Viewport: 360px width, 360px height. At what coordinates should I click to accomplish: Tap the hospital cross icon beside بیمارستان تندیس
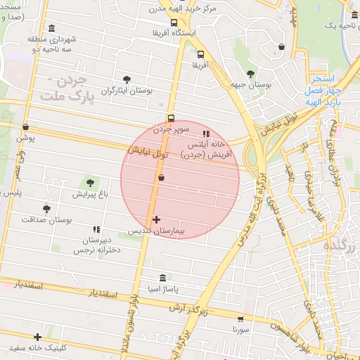(156, 220)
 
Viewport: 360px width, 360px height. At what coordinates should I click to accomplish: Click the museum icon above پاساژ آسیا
(164, 277)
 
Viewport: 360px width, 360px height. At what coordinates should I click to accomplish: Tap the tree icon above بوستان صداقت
(46, 209)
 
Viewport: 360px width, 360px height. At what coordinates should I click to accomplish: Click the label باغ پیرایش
(89, 193)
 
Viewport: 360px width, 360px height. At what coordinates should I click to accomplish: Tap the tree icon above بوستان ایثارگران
(127, 79)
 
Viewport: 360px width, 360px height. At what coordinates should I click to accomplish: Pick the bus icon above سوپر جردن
(171, 118)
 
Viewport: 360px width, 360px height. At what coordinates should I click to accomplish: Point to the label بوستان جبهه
(251, 84)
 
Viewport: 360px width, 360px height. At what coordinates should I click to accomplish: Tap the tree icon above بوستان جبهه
(251, 73)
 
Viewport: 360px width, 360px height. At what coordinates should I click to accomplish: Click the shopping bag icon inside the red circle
(162, 178)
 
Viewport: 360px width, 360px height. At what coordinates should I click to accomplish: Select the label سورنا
(241, 328)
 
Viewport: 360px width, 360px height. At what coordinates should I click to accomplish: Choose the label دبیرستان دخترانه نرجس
(98, 245)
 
